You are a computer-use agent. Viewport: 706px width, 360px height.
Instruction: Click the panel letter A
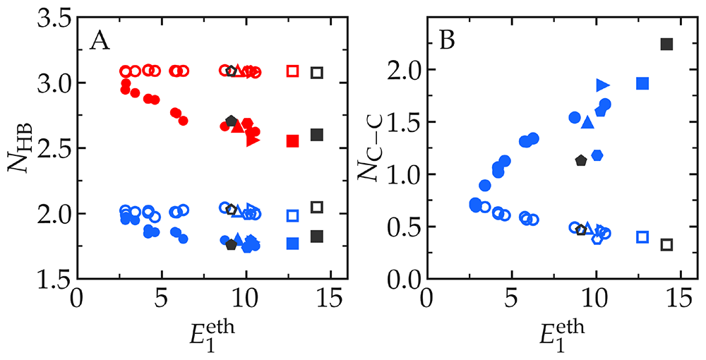[x=100, y=43]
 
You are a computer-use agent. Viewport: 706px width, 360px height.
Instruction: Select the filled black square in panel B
[x=666, y=44]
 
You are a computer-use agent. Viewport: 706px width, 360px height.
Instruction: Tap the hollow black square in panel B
[x=666, y=245]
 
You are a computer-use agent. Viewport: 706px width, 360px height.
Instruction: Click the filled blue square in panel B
[x=642, y=83]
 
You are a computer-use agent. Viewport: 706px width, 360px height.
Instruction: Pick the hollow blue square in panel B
[x=642, y=236]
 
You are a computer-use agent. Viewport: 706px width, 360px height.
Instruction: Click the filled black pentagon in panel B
[x=581, y=160]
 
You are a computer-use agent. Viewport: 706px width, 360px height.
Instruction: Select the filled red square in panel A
[x=293, y=141]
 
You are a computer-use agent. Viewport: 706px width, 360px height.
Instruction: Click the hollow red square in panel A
[x=293, y=71]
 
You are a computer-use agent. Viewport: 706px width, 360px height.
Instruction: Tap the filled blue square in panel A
[x=293, y=244]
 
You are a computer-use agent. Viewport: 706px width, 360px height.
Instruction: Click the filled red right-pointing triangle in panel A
[x=253, y=140]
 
